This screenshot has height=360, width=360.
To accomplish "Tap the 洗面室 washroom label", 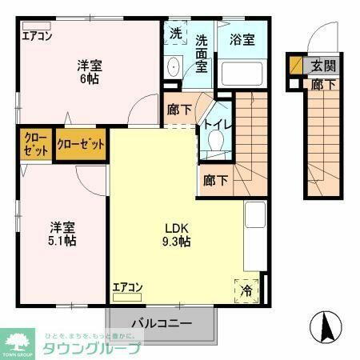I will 201,53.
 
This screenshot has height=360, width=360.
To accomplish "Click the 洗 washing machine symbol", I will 175,34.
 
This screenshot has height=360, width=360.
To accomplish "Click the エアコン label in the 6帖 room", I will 37,35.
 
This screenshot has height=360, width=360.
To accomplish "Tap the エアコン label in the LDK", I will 127,286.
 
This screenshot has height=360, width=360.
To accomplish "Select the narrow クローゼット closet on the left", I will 34,146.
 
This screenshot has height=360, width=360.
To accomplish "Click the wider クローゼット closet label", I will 81,146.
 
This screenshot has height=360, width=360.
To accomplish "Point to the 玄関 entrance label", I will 324,65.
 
